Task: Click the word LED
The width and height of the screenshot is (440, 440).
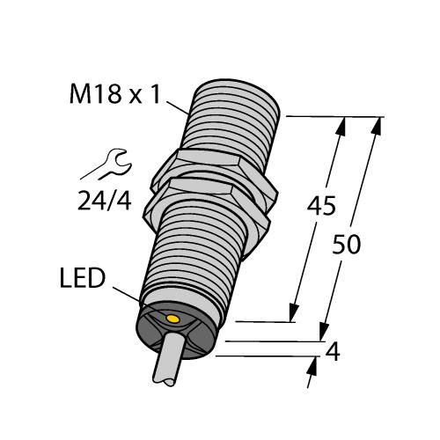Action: pyautogui.click(x=82, y=279)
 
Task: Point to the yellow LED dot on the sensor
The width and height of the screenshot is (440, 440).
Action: pyautogui.click(x=173, y=317)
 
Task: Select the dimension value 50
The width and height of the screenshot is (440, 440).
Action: pyautogui.click(x=348, y=244)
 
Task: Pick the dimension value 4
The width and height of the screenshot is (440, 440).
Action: pyautogui.click(x=333, y=353)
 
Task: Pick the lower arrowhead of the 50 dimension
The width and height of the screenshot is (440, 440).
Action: pyautogui.click(x=323, y=332)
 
